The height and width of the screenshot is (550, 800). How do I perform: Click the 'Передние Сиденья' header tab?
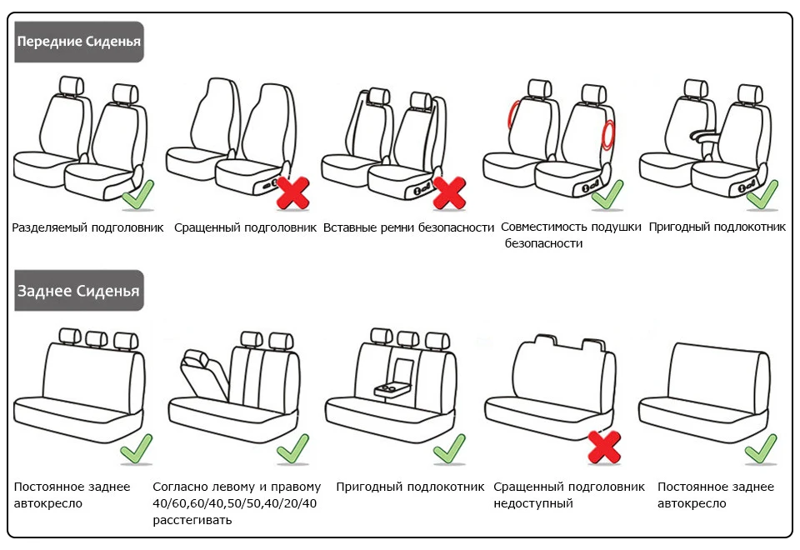pos(79,42)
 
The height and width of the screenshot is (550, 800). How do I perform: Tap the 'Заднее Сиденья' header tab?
pos(79,291)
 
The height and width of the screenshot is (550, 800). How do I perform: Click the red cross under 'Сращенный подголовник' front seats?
pos(292,192)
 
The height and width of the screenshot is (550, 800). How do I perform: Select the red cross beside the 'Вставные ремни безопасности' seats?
pos(449,192)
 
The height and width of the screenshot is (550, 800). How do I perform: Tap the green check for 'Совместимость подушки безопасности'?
pos(607,195)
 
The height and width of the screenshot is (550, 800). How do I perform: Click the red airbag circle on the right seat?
pos(608,133)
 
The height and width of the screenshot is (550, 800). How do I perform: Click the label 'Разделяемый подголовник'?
pos(87,227)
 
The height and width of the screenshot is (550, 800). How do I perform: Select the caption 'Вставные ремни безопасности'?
pos(408,227)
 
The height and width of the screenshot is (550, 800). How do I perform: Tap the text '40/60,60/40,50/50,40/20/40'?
pos(234,503)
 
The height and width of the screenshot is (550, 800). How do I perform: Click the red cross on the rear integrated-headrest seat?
pos(604,447)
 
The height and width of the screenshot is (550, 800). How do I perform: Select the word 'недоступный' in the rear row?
pos(533,503)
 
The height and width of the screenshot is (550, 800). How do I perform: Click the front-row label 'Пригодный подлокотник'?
pos(717,227)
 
